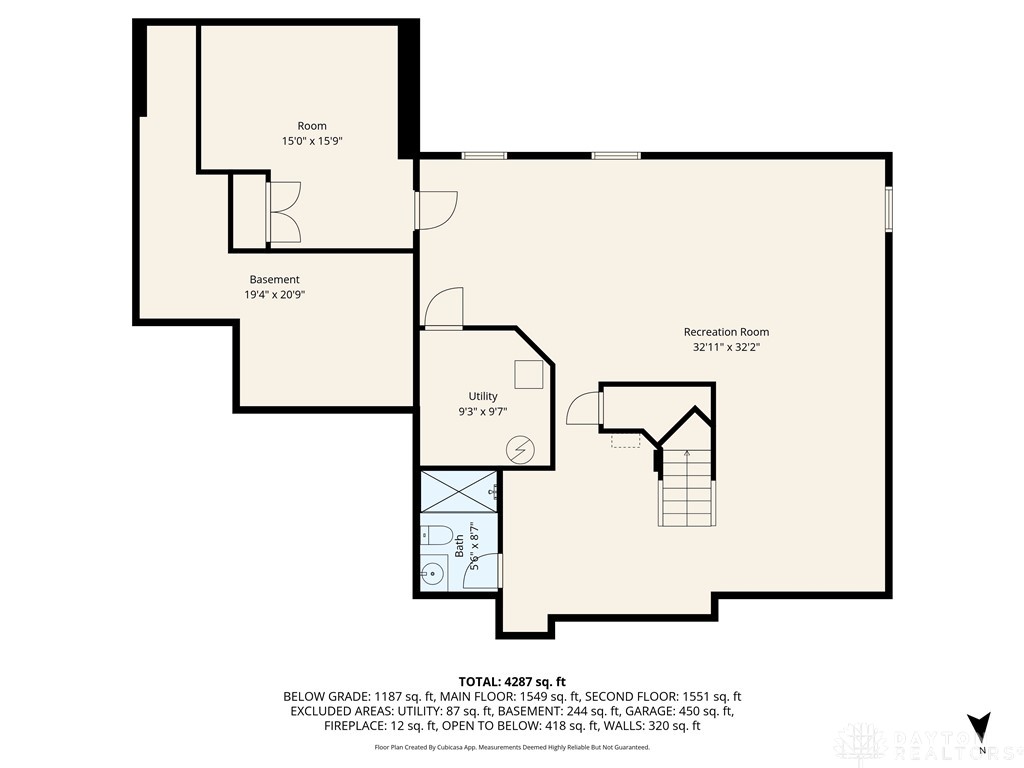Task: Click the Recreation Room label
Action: tap(726, 332)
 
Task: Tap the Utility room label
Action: tap(483, 396)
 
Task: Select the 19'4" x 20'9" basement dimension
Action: tap(275, 295)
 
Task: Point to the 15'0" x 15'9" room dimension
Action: tap(312, 140)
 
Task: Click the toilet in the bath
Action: tap(436, 535)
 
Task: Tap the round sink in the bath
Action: tap(432, 575)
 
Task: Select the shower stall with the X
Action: tap(458, 491)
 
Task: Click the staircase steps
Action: tap(685, 487)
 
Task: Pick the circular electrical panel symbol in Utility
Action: tap(520, 449)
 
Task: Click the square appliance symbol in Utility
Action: tap(528, 374)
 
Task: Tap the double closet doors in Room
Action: tap(283, 212)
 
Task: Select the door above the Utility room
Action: tap(444, 308)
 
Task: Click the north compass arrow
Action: tap(979, 727)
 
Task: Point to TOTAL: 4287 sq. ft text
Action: tap(512, 682)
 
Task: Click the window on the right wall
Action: tap(888, 208)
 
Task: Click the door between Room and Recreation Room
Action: tap(436, 210)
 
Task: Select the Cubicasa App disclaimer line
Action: tap(512, 747)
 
